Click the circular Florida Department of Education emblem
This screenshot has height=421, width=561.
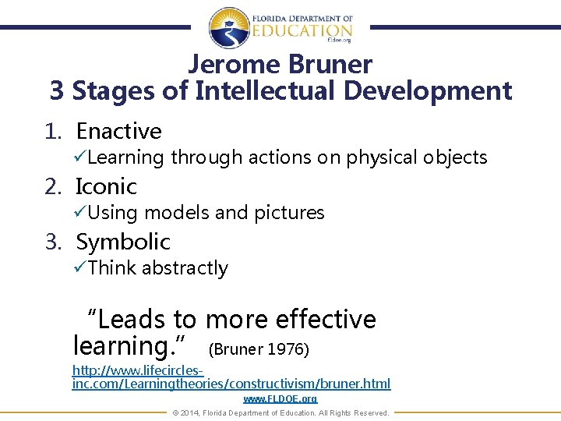coord(231,27)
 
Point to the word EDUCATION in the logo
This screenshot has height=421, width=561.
coord(302,30)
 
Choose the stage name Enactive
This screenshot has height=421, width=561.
coord(118,131)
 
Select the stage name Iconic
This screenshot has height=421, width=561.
coord(106,186)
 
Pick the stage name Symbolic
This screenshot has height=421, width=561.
coord(122,242)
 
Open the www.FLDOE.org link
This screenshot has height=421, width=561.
coord(280,398)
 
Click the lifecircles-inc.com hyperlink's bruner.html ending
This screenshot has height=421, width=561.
coord(355,384)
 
